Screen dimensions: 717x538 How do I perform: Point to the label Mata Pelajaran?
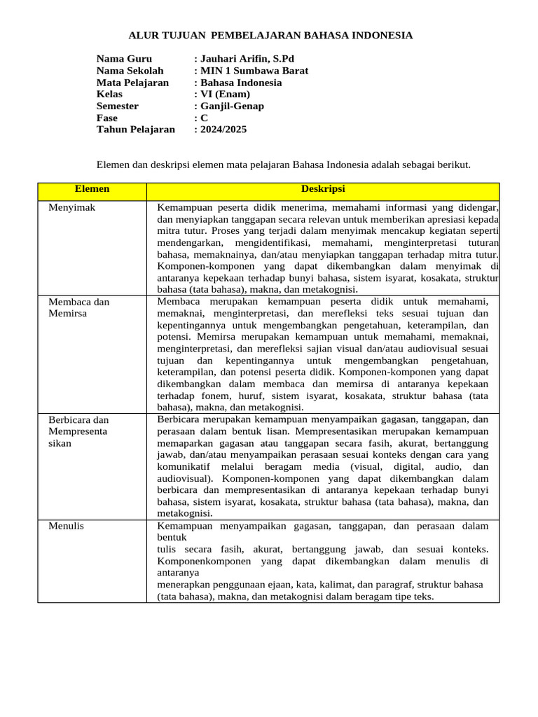pos(132,83)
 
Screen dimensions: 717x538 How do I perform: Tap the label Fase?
pos(107,118)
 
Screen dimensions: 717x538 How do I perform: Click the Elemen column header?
pos(92,189)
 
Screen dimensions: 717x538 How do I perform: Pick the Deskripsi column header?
pos(323,189)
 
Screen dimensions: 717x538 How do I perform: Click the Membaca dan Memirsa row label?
pos(78,307)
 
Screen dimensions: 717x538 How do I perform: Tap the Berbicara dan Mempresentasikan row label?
pos(78,431)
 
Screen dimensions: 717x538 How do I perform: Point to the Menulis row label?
pos(66,525)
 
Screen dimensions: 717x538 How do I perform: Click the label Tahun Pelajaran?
pos(135,130)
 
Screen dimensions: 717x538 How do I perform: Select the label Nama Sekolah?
pos(130,71)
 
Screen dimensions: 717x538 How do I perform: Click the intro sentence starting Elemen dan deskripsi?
pos(283,165)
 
